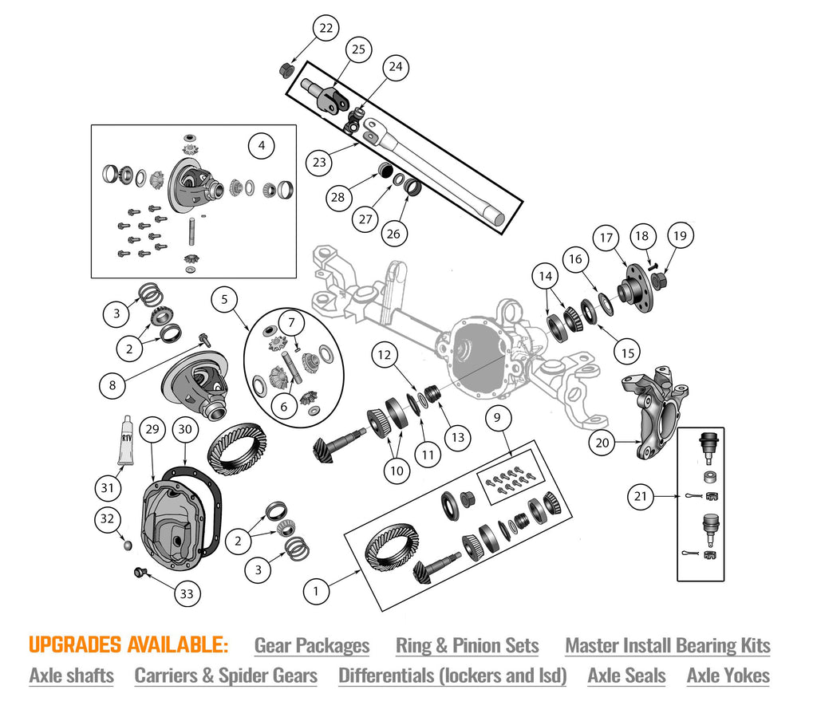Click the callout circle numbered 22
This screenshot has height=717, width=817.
tap(326, 29)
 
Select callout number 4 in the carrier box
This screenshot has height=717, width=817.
tap(261, 146)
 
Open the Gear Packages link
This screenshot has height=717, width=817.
tap(311, 645)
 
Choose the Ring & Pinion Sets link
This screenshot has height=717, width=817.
tap(467, 645)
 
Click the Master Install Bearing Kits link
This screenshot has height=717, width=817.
tap(667, 645)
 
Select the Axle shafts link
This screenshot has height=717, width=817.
tap(71, 676)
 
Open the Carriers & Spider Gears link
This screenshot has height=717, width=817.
tap(226, 676)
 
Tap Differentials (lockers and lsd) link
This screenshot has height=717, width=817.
tap(452, 676)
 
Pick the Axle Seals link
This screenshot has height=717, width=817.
tap(626, 676)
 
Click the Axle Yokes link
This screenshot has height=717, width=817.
tap(728, 676)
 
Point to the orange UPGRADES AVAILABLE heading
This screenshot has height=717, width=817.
tap(128, 644)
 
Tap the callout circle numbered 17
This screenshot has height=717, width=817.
tap(606, 238)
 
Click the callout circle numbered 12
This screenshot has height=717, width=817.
tap(384, 354)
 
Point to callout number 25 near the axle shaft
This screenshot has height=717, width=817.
tap(358, 49)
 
